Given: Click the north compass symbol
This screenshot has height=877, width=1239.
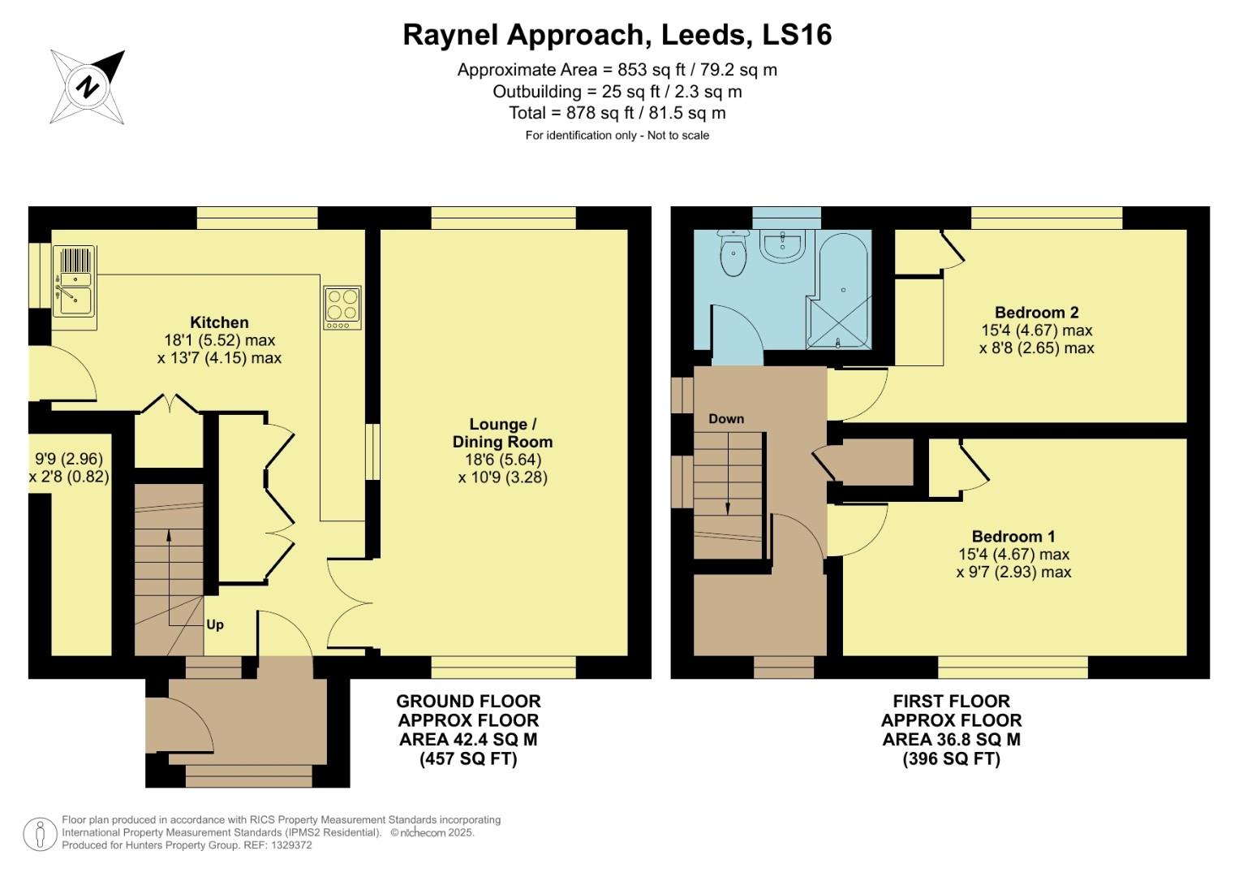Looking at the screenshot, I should tap(88, 86).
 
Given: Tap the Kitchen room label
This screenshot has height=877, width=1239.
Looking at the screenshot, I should tap(219, 322).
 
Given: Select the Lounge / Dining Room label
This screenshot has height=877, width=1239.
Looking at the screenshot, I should tap(502, 433).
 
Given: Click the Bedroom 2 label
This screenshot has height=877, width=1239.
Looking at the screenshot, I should tap(1036, 313).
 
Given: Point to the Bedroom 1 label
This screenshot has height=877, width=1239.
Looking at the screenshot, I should tap(1013, 537).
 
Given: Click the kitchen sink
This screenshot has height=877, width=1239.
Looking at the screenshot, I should tap(74, 281).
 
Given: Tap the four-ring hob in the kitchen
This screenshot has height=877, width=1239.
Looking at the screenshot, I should tap(342, 307).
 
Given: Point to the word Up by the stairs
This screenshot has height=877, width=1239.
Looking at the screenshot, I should tap(215, 624).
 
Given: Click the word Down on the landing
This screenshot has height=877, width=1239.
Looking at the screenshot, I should tap(725, 419).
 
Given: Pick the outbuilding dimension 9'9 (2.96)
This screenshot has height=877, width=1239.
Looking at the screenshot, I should tap(68, 460).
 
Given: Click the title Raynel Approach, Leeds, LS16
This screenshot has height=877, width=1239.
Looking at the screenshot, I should tap(617, 35).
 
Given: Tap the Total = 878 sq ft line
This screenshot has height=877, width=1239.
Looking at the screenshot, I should tap(617, 113).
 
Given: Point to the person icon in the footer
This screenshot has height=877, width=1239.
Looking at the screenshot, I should tap(40, 833).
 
